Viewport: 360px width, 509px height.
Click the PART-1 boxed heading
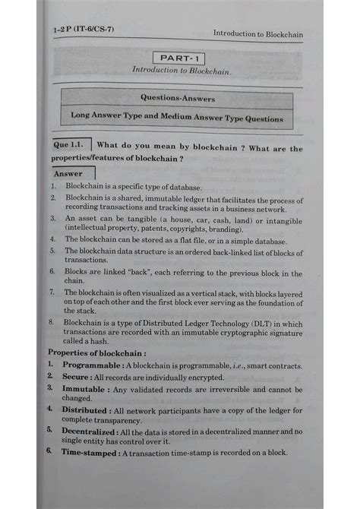point(179,58)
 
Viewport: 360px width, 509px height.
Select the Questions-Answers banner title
point(178,98)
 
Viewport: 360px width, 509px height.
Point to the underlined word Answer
point(68,174)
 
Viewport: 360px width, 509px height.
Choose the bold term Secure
point(77,376)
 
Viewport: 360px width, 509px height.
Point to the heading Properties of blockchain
point(97,353)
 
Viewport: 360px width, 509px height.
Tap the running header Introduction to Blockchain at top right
point(257,33)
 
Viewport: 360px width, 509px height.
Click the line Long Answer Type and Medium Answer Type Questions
point(177,119)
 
